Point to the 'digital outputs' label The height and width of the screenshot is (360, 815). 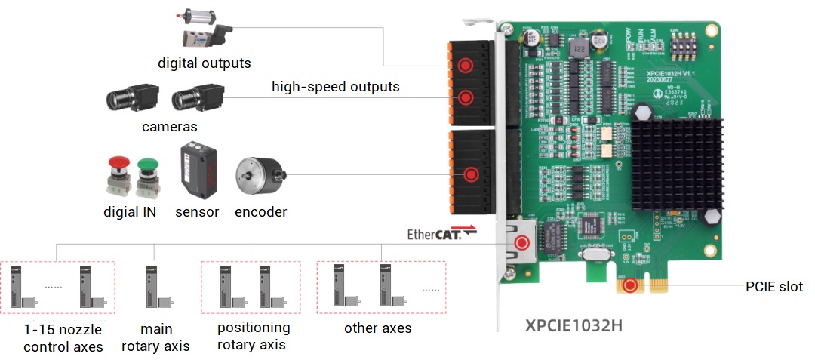click(204, 63)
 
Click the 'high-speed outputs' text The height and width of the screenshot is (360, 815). click(335, 87)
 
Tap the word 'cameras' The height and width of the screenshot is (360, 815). click(169, 127)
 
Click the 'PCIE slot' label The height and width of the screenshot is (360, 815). click(773, 287)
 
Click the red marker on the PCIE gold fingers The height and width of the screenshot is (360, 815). click(630, 287)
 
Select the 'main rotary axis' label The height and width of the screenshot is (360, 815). click(156, 337)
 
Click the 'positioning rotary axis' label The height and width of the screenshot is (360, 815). click(253, 336)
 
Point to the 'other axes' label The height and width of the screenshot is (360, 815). click(377, 328)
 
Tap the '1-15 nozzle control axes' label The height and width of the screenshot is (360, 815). click(62, 337)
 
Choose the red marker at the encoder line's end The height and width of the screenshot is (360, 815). click(471, 175)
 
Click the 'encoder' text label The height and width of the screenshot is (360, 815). click(260, 212)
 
